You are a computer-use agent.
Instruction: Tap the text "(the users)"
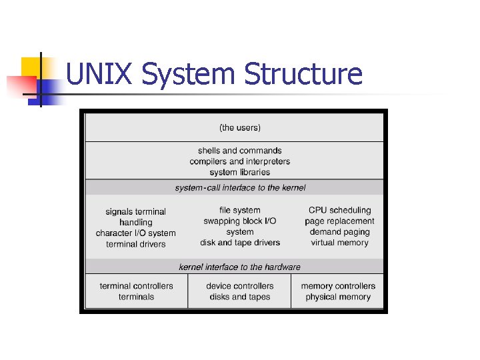click(x=240, y=127)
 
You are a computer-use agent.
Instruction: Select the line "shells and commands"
click(x=240, y=151)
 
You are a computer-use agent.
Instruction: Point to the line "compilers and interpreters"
click(x=240, y=161)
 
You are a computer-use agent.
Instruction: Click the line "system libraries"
click(x=240, y=172)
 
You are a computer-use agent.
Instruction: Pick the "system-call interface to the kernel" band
click(x=240, y=188)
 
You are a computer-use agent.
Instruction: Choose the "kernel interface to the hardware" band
click(x=240, y=267)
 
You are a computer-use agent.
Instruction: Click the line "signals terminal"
click(x=136, y=212)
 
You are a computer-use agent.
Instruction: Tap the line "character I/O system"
click(x=136, y=233)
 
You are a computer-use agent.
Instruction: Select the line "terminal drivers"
click(x=136, y=244)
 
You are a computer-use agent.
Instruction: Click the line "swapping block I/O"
click(x=240, y=221)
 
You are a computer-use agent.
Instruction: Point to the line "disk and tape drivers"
click(x=240, y=243)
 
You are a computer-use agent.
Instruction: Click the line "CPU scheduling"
click(x=340, y=211)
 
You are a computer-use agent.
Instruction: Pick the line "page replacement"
click(x=340, y=221)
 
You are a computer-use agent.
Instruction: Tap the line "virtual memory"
click(x=340, y=243)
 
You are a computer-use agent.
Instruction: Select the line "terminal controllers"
click(x=137, y=286)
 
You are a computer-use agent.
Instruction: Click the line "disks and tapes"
click(x=240, y=297)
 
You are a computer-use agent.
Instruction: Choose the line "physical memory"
click(x=338, y=297)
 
